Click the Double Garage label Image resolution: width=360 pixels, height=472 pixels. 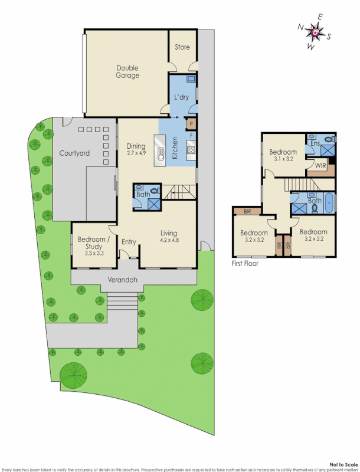pyautogui.click(x=127, y=71)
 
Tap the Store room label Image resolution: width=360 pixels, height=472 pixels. pyautogui.click(x=182, y=47)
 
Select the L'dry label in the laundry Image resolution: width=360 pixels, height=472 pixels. pyautogui.click(x=181, y=97)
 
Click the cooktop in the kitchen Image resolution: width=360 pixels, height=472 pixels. pyautogui.click(x=191, y=150)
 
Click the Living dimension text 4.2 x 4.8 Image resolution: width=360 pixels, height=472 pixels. pyautogui.click(x=169, y=240)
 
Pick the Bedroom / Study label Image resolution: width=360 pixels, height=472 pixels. pyautogui.click(x=91, y=242)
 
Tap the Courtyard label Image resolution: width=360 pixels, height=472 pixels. pyautogui.click(x=74, y=153)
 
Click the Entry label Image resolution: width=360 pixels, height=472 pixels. pyautogui.click(x=129, y=241)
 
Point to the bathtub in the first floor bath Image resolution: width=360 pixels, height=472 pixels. pyautogui.click(x=329, y=202)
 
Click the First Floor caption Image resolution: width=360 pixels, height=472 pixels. pyautogui.click(x=245, y=264)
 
